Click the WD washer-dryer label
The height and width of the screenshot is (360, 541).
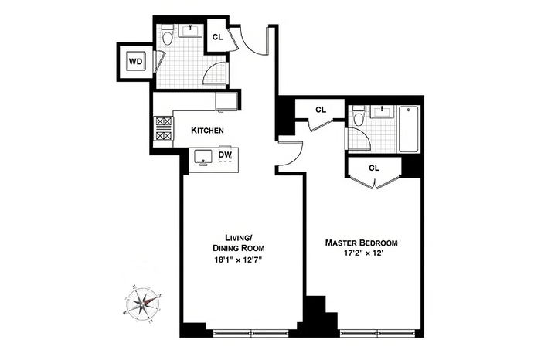tap(135, 62)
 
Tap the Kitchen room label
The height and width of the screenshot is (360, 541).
tap(207, 131)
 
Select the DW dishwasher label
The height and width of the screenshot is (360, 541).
tap(225, 155)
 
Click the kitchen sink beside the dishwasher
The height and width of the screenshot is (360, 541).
tap(202, 157)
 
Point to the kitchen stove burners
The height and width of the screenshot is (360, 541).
tap(164, 128)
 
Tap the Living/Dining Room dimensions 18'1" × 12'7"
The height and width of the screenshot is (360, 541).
tap(238, 260)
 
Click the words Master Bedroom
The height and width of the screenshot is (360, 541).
tap(361, 243)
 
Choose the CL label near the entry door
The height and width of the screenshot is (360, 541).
tap(217, 37)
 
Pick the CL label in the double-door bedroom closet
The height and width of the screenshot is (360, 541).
tap(374, 168)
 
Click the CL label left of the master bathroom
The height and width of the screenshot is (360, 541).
tap(321, 110)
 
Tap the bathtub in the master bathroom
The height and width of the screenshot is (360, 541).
tap(409, 129)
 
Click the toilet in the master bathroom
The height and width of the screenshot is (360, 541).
tap(359, 116)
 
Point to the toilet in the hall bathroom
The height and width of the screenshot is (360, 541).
tap(168, 36)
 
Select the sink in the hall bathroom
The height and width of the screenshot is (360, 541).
tap(190, 30)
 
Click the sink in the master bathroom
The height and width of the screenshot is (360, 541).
tap(383, 111)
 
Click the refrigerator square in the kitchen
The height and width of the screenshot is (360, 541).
tap(226, 102)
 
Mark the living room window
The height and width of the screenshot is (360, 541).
tap(251, 333)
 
